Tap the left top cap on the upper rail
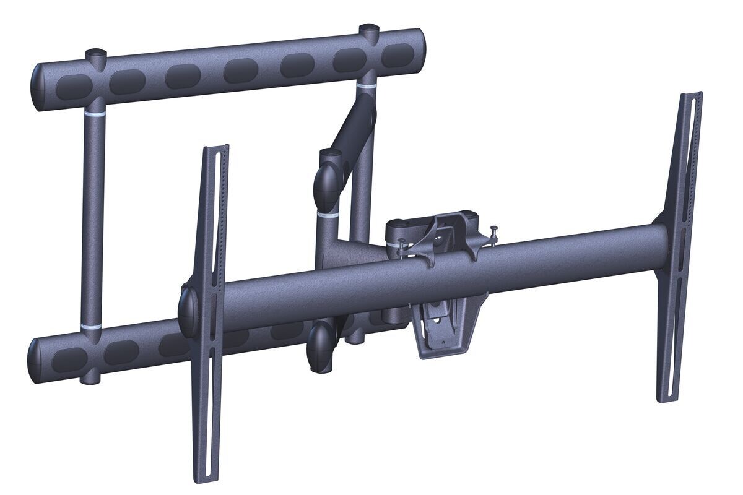coord(95,55)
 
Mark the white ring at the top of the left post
coord(95,116)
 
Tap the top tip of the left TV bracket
coord(216,148)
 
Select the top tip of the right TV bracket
coord(692,95)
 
